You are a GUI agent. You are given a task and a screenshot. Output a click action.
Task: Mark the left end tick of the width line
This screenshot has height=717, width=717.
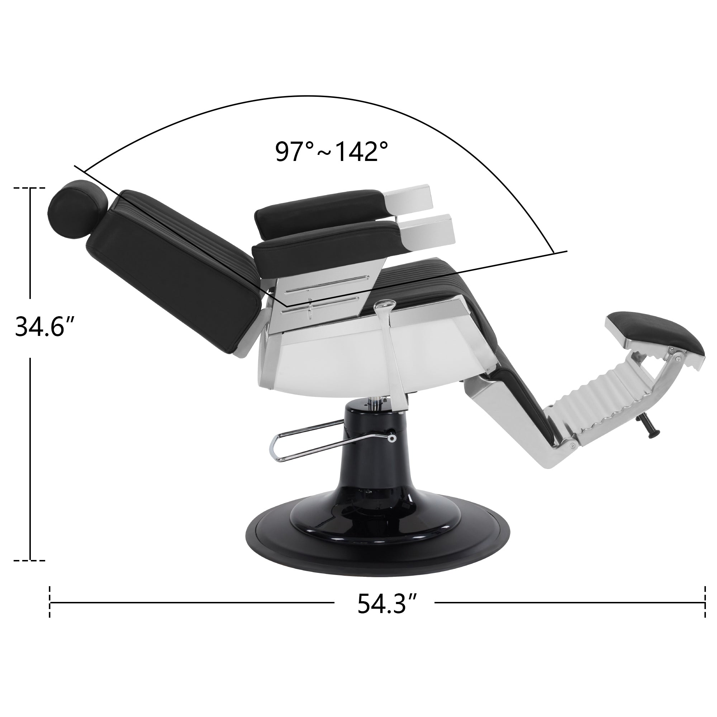click(50, 613)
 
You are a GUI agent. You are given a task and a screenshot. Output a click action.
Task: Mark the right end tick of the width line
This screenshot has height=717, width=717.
click(704, 613)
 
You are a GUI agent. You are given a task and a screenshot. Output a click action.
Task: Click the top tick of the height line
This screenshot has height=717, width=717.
click(30, 188)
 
